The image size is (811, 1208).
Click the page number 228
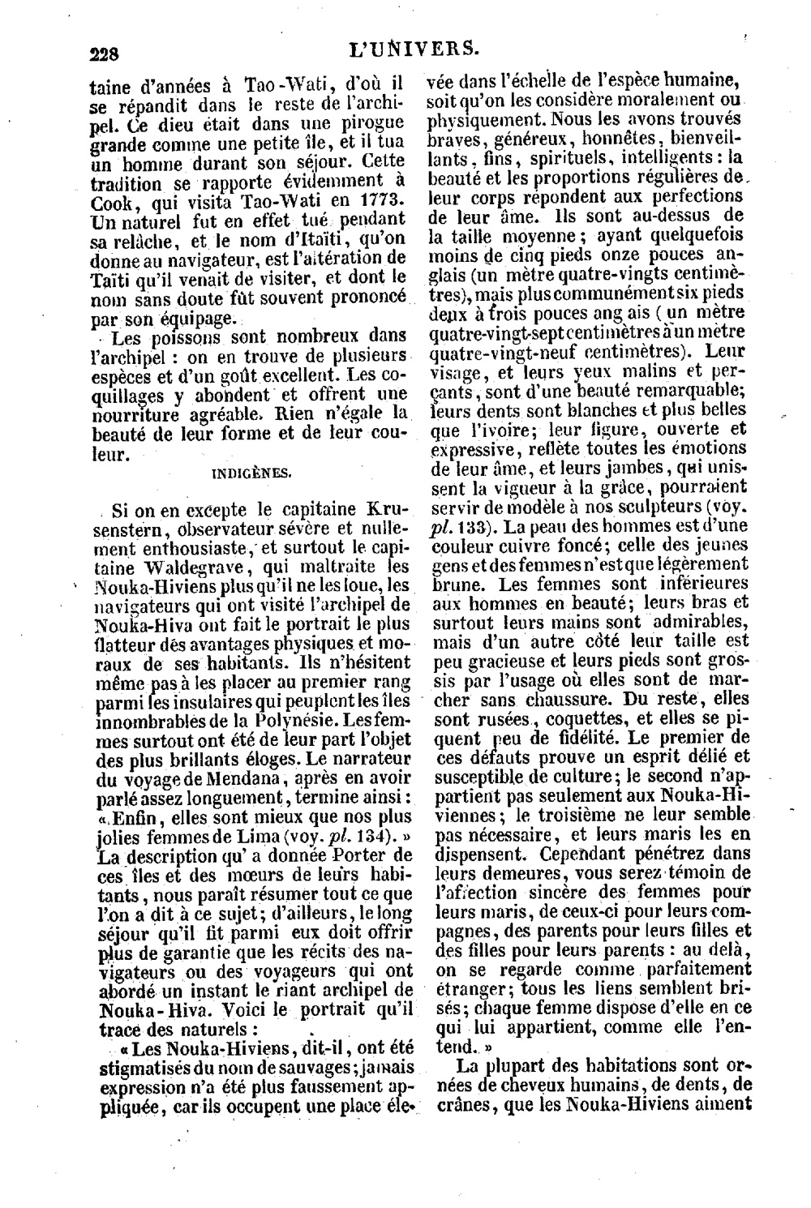[103, 54]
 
